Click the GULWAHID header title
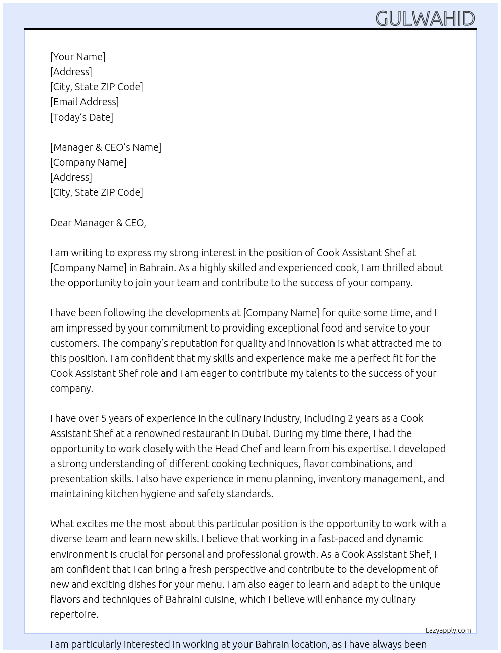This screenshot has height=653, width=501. click(425, 19)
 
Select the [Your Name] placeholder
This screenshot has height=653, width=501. click(77, 57)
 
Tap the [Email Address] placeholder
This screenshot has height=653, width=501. click(85, 102)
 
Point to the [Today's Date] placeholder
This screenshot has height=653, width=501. click(81, 117)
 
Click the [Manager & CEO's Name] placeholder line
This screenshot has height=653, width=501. click(106, 147)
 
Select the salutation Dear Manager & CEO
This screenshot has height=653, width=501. click(98, 223)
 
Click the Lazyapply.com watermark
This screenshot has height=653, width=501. click(448, 630)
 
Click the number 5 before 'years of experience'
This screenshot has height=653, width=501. click(104, 418)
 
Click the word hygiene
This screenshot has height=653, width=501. click(155, 494)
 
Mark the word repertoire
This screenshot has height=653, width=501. click(74, 614)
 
